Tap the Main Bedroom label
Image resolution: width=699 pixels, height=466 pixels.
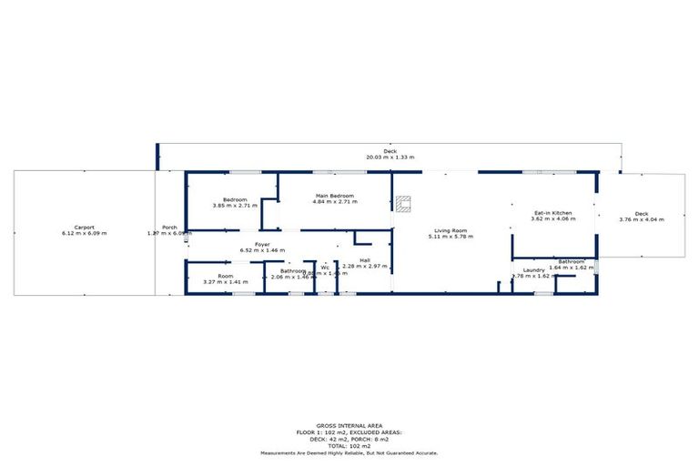click(x=334, y=196)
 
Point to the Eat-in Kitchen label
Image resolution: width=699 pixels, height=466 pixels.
click(x=552, y=213)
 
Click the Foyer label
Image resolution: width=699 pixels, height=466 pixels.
click(x=262, y=244)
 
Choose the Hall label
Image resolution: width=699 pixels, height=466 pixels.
click(x=364, y=260)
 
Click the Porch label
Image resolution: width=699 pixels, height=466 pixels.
click(x=169, y=227)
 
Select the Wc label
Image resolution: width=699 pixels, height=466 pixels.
click(x=324, y=268)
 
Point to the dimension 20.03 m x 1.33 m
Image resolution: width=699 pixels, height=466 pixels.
click(x=390, y=157)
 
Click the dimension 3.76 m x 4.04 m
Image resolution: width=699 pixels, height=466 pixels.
click(x=641, y=219)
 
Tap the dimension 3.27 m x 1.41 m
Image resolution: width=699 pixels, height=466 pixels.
click(x=226, y=282)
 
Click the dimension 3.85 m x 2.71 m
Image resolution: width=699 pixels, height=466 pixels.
click(x=235, y=206)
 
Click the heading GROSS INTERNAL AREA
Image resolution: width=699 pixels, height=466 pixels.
click(x=349, y=425)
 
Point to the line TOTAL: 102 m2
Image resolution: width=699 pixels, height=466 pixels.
click(x=349, y=446)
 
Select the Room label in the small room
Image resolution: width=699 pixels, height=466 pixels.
click(x=225, y=276)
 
